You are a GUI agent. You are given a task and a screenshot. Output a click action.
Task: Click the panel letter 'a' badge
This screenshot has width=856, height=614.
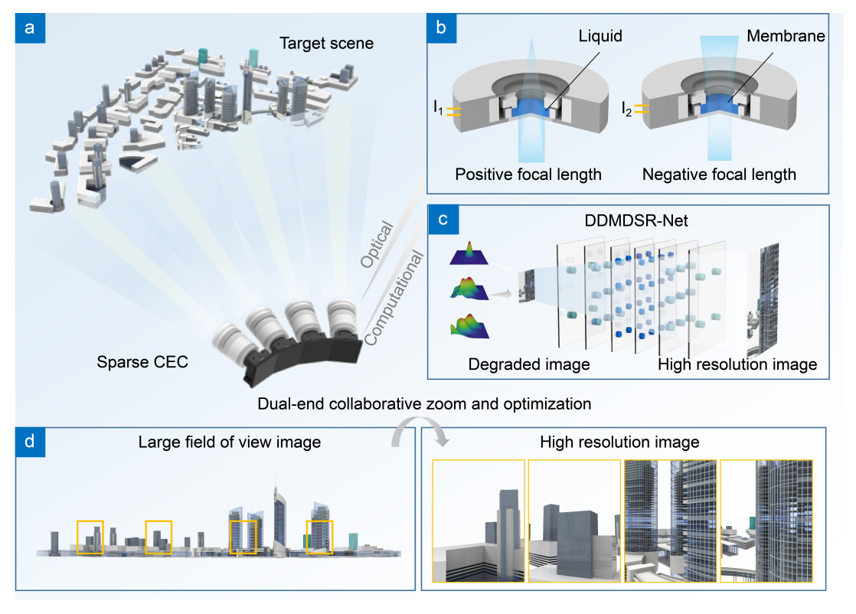(30, 28)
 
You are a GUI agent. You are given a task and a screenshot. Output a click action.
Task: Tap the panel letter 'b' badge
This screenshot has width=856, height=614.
(441, 28)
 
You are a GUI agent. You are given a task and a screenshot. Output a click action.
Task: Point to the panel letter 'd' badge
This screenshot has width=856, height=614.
(30, 442)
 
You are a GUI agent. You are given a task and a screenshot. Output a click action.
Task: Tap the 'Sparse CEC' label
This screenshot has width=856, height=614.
(142, 361)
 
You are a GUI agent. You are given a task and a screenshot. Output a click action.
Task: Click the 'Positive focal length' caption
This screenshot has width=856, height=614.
(528, 175)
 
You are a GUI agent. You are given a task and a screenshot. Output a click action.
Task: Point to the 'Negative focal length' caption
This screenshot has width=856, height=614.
(719, 175)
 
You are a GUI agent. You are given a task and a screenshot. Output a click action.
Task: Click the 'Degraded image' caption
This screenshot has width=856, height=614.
(529, 364)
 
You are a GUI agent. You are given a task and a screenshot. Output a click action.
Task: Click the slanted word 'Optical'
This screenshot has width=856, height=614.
(377, 246)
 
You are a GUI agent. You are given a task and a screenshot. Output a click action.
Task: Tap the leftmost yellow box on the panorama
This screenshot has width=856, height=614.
(90, 537)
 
